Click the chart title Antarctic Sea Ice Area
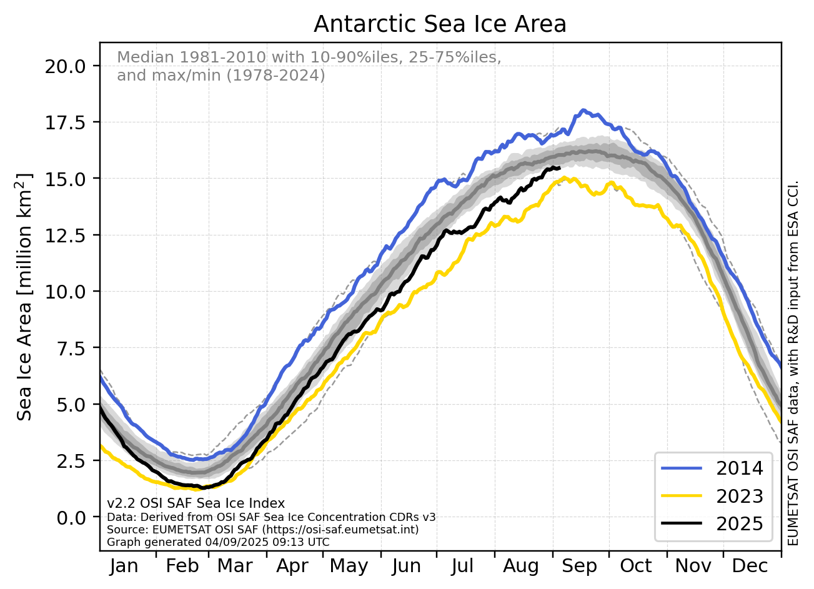[x=440, y=24]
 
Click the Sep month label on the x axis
[x=579, y=566]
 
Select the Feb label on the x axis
[x=182, y=566]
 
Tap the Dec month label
[x=750, y=566]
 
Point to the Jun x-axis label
[x=406, y=566]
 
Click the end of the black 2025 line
[x=560, y=168]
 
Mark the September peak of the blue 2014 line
[x=583, y=111]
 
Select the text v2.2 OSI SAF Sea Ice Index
[x=196, y=503]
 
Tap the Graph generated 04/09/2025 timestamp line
[x=218, y=542]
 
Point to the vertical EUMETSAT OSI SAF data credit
[x=793, y=362]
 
